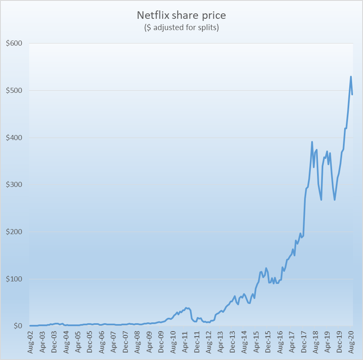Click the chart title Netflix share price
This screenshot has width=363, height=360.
coord(181,16)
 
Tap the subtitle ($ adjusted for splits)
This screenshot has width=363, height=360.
coord(181,28)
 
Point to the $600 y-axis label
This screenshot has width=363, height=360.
coord(14,43)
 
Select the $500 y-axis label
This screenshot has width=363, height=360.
coord(14,91)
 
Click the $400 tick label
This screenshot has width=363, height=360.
coord(14,138)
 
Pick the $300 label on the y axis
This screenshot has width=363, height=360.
coord(14,185)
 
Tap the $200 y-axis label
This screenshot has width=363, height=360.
coord(14,232)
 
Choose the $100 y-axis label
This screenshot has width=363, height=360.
coord(14,279)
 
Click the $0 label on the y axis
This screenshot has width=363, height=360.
coord(17,326)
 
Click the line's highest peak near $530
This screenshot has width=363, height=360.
coord(351,77)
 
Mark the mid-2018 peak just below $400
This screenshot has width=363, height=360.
coord(312,142)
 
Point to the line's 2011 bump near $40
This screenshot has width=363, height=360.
coord(187,308)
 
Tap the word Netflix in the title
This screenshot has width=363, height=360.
coord(152,16)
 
